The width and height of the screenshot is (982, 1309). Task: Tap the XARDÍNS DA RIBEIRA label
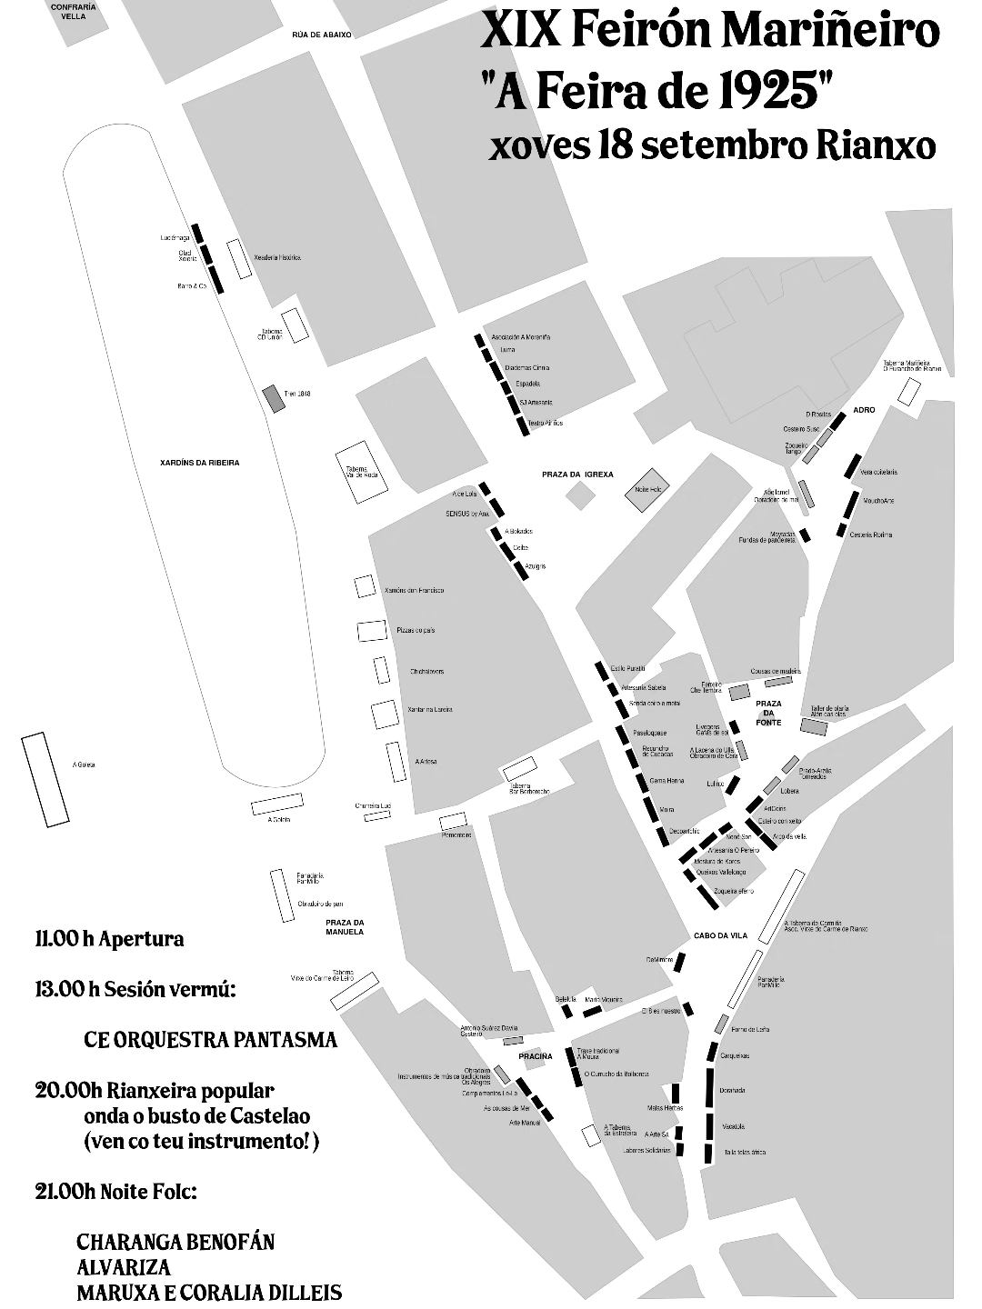point(199,463)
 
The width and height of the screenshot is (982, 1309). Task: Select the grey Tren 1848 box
point(273,398)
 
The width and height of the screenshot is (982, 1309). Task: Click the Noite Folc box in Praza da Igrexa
point(646,488)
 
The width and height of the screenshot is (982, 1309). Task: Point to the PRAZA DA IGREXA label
point(578,475)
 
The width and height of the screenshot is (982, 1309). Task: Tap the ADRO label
point(864,410)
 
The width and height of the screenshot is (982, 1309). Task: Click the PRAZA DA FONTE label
point(768,713)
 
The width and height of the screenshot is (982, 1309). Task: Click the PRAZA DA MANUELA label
point(345,927)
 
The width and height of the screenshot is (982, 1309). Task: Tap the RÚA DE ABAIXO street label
point(321,35)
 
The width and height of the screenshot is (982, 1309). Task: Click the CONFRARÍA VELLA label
point(67,11)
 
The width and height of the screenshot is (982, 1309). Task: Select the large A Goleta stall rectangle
point(45,779)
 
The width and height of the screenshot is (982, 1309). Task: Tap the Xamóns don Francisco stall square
point(365,587)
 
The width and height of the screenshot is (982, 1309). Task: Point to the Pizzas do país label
point(416,630)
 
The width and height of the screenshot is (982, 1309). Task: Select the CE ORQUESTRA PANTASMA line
point(210,1039)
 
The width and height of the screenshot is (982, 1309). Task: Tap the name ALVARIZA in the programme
point(123,1266)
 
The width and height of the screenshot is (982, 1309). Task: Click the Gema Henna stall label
point(666,781)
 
